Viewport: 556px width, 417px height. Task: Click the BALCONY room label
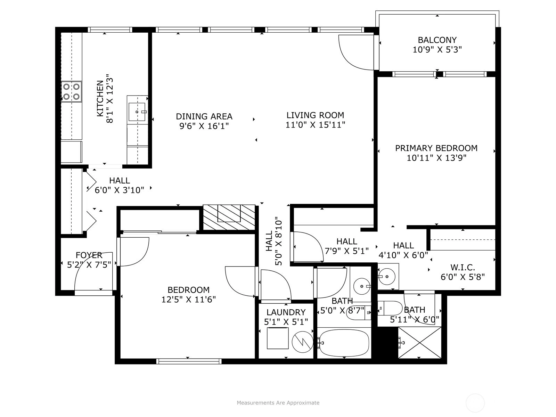click(437, 40)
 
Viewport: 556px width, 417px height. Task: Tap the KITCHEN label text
click(100, 98)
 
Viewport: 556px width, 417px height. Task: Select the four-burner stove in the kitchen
click(72, 91)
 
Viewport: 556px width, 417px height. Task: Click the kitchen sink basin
click(137, 112)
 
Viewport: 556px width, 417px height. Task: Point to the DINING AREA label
click(204, 116)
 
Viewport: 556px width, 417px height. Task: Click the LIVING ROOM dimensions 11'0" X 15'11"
click(316, 125)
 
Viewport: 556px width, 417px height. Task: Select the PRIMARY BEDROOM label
click(436, 148)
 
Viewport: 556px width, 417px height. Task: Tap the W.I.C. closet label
click(463, 267)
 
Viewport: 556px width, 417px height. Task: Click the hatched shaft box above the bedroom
click(229, 218)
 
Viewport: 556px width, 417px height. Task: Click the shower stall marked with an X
click(420, 343)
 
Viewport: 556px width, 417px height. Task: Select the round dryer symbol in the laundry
click(302, 342)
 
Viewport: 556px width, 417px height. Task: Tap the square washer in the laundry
click(278, 338)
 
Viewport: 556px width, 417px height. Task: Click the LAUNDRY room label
click(286, 312)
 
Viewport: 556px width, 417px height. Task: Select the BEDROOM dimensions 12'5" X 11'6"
click(188, 300)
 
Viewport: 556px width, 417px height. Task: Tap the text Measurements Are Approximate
click(278, 403)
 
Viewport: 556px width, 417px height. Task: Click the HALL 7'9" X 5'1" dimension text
click(346, 251)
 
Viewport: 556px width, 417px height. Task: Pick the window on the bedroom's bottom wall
click(189, 361)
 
